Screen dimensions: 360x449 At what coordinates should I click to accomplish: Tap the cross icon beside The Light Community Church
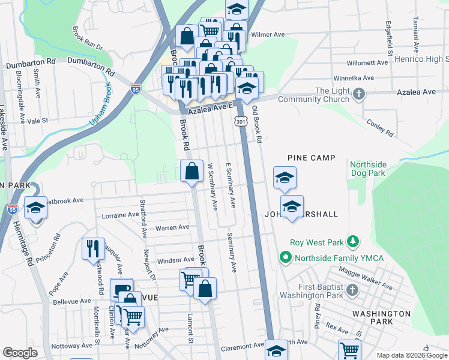click(x=359, y=94)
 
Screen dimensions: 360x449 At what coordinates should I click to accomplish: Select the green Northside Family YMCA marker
click(x=285, y=258)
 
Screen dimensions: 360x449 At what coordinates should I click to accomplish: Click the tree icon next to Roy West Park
click(x=354, y=242)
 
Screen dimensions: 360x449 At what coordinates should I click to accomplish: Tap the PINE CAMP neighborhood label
click(x=310, y=158)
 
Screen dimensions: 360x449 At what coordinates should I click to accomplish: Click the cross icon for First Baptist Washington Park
click(x=352, y=291)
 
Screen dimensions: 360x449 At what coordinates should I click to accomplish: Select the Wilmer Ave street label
click(x=267, y=35)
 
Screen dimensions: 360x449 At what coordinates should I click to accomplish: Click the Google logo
click(x=20, y=353)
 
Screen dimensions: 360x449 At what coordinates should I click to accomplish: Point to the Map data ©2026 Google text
click(x=411, y=355)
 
